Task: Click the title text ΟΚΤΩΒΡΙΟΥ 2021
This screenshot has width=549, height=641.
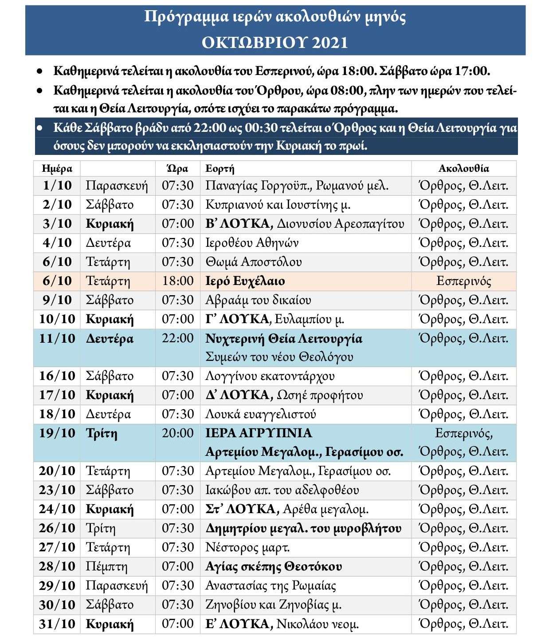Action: click(274, 43)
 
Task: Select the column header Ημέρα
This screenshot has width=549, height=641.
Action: click(57, 169)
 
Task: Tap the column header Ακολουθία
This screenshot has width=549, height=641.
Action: click(463, 169)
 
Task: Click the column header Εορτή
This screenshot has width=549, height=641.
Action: click(220, 169)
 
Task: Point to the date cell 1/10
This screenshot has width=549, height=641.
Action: click(57, 186)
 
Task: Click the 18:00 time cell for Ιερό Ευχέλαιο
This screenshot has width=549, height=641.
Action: click(177, 281)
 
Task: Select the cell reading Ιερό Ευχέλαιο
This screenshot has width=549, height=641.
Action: click(245, 281)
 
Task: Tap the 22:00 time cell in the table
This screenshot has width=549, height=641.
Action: click(177, 339)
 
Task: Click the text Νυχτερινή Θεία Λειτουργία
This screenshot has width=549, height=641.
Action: click(284, 339)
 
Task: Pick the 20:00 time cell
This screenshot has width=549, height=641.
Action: click(177, 433)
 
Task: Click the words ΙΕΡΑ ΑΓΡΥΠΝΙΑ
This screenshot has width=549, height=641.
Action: click(259, 433)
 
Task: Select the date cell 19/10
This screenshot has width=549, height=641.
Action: click(57, 433)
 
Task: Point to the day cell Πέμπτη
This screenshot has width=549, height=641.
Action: click(106, 567)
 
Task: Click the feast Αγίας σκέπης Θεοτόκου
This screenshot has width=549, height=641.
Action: click(274, 567)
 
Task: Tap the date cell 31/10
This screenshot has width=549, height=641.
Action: click(57, 624)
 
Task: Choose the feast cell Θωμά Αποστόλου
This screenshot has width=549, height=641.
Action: click(253, 262)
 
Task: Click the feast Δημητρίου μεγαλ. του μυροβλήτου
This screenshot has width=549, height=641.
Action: click(303, 529)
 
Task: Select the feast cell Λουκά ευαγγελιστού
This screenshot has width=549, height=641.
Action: click(260, 414)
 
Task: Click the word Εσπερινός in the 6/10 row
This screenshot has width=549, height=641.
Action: click(463, 281)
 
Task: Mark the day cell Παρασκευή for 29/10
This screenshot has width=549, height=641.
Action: click(117, 586)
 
